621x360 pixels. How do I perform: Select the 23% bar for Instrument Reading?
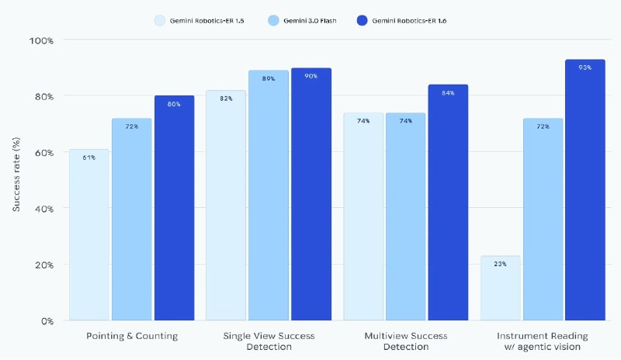click(x=500, y=288)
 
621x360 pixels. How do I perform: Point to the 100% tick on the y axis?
click(x=42, y=40)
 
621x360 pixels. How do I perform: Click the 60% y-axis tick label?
click(x=43, y=152)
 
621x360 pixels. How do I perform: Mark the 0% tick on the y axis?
click(x=46, y=320)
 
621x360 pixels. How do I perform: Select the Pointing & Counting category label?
click(x=131, y=336)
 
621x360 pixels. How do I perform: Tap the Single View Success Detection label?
click(x=269, y=341)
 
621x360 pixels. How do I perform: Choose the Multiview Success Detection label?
click(x=406, y=341)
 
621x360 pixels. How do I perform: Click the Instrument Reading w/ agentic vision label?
click(x=543, y=341)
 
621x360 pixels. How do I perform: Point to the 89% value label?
click(x=269, y=79)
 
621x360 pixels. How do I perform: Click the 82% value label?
click(x=226, y=99)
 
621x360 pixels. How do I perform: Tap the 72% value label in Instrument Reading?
click(x=543, y=126)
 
